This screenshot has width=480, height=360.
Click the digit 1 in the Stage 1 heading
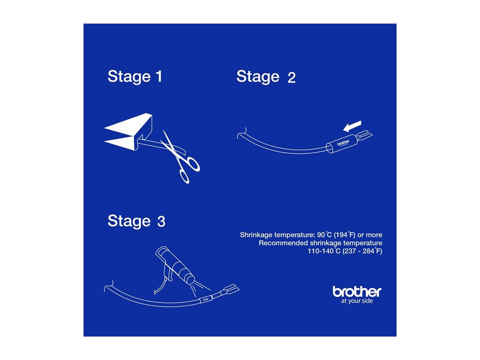[159, 76]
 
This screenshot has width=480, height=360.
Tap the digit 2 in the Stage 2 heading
[292, 77]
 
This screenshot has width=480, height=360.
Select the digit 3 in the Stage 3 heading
[161, 221]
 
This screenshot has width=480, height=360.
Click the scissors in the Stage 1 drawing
[180, 157]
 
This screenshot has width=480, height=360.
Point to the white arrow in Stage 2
[352, 126]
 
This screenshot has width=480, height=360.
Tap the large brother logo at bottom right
[357, 292]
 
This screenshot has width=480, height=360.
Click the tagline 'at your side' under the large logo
[357, 301]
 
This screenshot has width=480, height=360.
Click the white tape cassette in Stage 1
[128, 132]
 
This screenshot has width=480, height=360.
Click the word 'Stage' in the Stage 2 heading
[258, 76]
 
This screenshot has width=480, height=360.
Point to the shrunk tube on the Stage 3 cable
[206, 299]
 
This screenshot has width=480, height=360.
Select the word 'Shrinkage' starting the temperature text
[256, 235]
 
